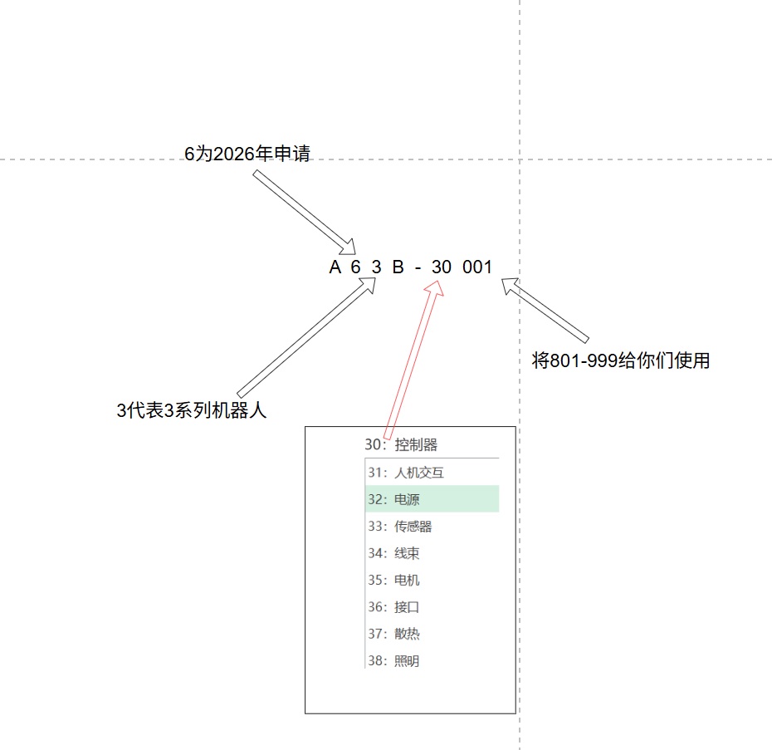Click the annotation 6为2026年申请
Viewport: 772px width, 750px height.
pos(247,154)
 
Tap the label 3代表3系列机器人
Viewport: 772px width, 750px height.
pos(192,410)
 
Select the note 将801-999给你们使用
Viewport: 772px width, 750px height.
pos(621,360)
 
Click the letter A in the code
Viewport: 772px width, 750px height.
pos(335,267)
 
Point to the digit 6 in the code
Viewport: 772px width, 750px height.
pos(355,267)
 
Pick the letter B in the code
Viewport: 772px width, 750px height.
pos(398,267)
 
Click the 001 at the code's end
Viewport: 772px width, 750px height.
pos(477,267)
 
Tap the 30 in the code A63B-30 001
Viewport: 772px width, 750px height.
pos(441,267)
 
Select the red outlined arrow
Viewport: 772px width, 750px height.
pos(413,360)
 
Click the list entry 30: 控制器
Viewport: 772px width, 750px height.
pos(401,444)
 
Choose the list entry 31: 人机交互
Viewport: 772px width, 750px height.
pos(406,473)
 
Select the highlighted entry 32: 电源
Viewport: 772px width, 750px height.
pos(393,499)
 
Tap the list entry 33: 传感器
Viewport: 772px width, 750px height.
pos(400,527)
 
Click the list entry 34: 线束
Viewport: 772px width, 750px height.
pos(393,553)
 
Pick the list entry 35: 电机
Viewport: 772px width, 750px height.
pos(393,580)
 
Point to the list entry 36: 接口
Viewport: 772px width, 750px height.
pos(393,606)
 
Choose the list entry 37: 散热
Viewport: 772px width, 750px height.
pos(393,634)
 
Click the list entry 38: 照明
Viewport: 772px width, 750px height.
pos(393,660)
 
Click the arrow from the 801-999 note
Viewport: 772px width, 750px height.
pos(545,310)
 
